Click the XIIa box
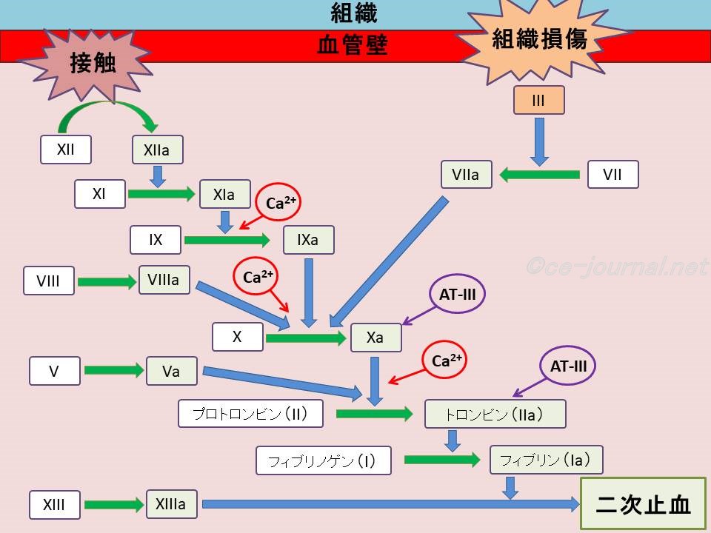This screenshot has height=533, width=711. click(157, 150)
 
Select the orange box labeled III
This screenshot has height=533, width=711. click(538, 100)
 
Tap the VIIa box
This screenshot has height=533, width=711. click(465, 175)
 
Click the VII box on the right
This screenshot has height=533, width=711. click(612, 175)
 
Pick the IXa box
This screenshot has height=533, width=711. click(308, 240)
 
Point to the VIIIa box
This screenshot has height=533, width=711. click(164, 279)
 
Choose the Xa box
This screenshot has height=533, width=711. click(375, 337)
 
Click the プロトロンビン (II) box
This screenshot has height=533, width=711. click(251, 413)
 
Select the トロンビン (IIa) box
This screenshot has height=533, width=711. click(495, 414)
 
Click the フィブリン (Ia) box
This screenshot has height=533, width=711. click(546, 460)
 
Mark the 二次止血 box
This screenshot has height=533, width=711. click(643, 504)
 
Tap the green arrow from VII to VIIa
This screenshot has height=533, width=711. click(538, 175)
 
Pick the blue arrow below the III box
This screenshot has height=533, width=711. click(539, 141)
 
